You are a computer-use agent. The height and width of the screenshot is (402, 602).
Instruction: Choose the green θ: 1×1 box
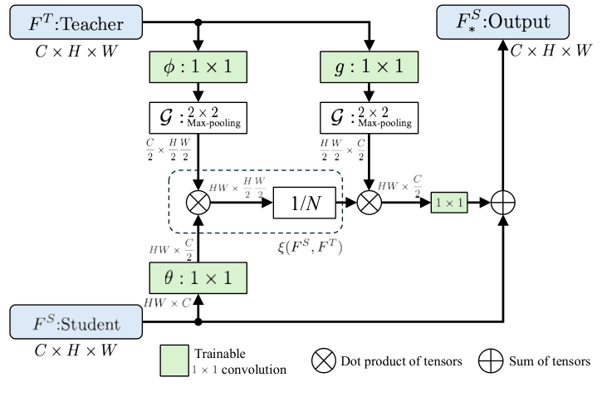pyautogui.click(x=198, y=276)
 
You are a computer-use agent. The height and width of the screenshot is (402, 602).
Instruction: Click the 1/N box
pyautogui.click(x=307, y=201)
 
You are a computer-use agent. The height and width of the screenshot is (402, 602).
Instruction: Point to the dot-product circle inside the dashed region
pyautogui.click(x=198, y=201)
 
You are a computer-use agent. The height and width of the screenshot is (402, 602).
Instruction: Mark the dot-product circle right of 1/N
pyautogui.click(x=366, y=201)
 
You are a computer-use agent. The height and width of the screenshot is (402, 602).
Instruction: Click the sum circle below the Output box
pyautogui.click(x=503, y=201)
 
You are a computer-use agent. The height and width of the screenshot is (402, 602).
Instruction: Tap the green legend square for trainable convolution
pyautogui.click(x=174, y=360)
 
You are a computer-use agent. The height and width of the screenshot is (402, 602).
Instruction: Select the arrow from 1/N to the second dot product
pyautogui.click(x=347, y=201)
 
